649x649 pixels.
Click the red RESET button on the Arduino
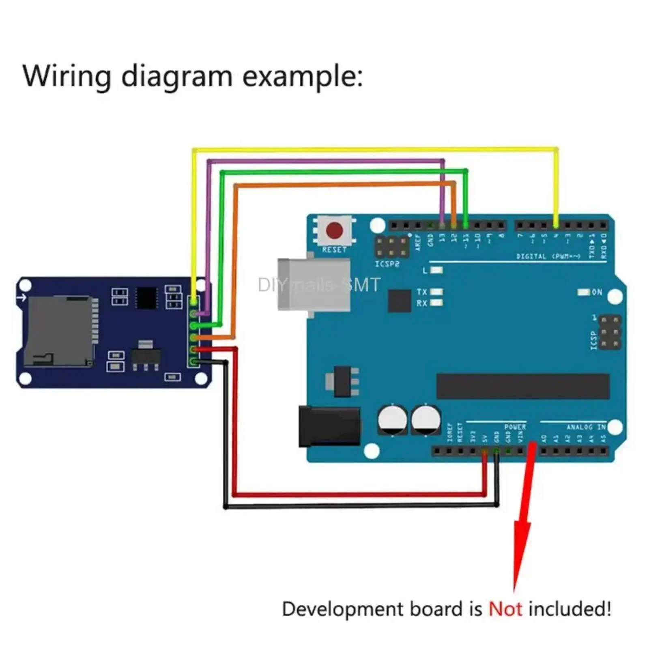pyautogui.click(x=334, y=230)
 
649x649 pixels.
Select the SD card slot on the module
pyautogui.click(x=59, y=331)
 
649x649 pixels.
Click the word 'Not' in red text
pyautogui.click(x=505, y=609)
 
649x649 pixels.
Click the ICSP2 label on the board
pyautogui.click(x=387, y=264)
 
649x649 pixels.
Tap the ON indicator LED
pyautogui.click(x=583, y=292)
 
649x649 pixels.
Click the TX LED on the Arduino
pyautogui.click(x=436, y=292)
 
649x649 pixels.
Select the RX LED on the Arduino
pyautogui.click(x=436, y=302)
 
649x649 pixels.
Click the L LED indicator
pyautogui.click(x=436, y=270)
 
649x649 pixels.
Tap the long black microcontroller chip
pyautogui.click(x=522, y=386)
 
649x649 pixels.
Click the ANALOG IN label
pyautogui.click(x=586, y=427)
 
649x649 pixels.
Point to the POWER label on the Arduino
pyautogui.click(x=515, y=427)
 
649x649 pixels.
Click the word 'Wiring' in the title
pyautogui.click(x=67, y=76)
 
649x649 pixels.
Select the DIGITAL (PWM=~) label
pyautogui.click(x=548, y=256)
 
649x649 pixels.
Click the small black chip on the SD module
pyautogui.click(x=146, y=298)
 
